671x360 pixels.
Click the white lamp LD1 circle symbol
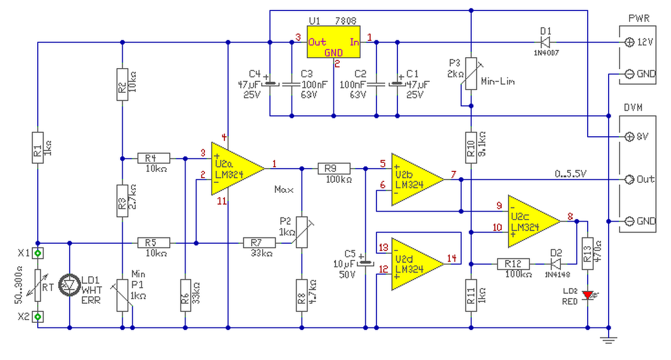pos(70,285)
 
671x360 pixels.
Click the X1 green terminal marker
pos(38,253)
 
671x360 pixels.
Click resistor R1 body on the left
pos(38,147)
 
